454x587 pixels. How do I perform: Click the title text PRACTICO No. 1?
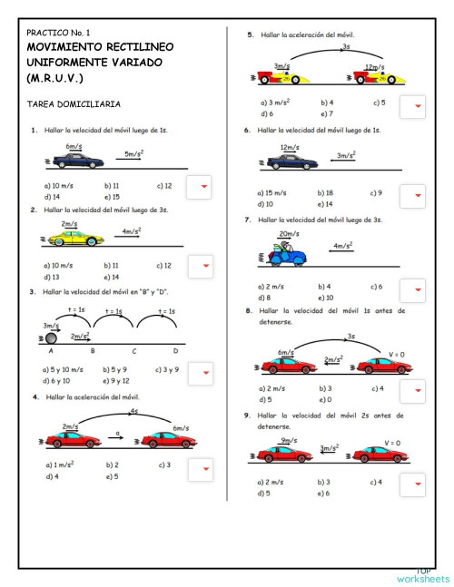tap(58, 32)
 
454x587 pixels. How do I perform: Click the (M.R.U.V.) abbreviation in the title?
tap(55, 78)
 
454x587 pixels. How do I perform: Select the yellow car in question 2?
tap(77, 239)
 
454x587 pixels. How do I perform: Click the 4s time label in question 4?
tap(133, 410)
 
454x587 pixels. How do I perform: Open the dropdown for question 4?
tap(206, 469)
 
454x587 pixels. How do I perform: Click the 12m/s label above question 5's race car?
tap(371, 66)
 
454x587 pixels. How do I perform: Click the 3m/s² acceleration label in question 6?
tap(346, 155)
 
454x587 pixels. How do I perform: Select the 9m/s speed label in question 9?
tap(289, 440)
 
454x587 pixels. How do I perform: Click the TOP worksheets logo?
tap(422, 574)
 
